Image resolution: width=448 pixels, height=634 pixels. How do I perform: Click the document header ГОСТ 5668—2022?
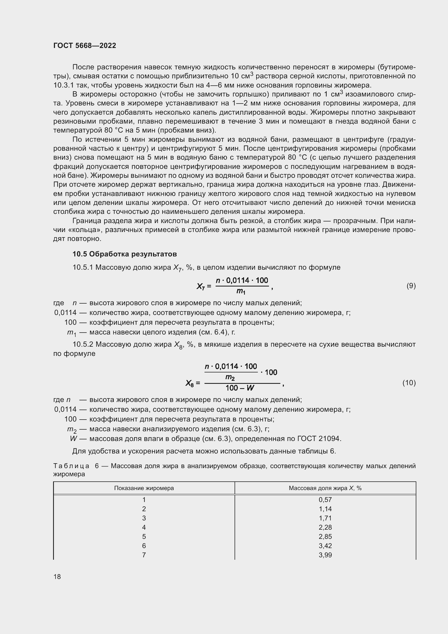click(x=85, y=46)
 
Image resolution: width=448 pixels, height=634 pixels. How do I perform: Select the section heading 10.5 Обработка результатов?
click(x=124, y=254)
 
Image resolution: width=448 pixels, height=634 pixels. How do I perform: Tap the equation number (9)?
click(x=411, y=286)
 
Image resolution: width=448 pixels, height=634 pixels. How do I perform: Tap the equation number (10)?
click(x=409, y=383)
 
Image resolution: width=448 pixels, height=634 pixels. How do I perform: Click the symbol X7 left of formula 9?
click(x=200, y=286)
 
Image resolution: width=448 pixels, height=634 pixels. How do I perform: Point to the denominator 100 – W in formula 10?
click(x=239, y=388)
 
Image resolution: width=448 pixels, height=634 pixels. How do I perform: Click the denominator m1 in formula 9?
click(x=241, y=291)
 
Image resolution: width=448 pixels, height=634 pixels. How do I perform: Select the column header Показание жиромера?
click(x=144, y=488)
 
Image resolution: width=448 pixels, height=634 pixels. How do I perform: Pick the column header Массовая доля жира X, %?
click(x=325, y=488)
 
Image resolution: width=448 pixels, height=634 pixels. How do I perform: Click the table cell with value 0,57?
click(x=325, y=500)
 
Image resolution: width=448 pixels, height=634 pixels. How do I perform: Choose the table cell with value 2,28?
click(x=325, y=527)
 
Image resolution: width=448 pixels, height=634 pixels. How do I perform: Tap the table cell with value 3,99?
click(x=325, y=555)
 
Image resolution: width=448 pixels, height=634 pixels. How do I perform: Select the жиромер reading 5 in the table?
click(x=144, y=536)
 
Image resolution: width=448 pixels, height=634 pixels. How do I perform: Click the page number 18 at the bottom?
click(x=57, y=577)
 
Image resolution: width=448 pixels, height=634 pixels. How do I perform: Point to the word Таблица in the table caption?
click(x=71, y=466)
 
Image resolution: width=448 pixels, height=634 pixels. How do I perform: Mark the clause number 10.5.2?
click(x=83, y=344)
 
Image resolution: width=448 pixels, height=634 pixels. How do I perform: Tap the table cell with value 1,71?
click(x=325, y=518)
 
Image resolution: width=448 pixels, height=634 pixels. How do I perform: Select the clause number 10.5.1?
click(x=83, y=267)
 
